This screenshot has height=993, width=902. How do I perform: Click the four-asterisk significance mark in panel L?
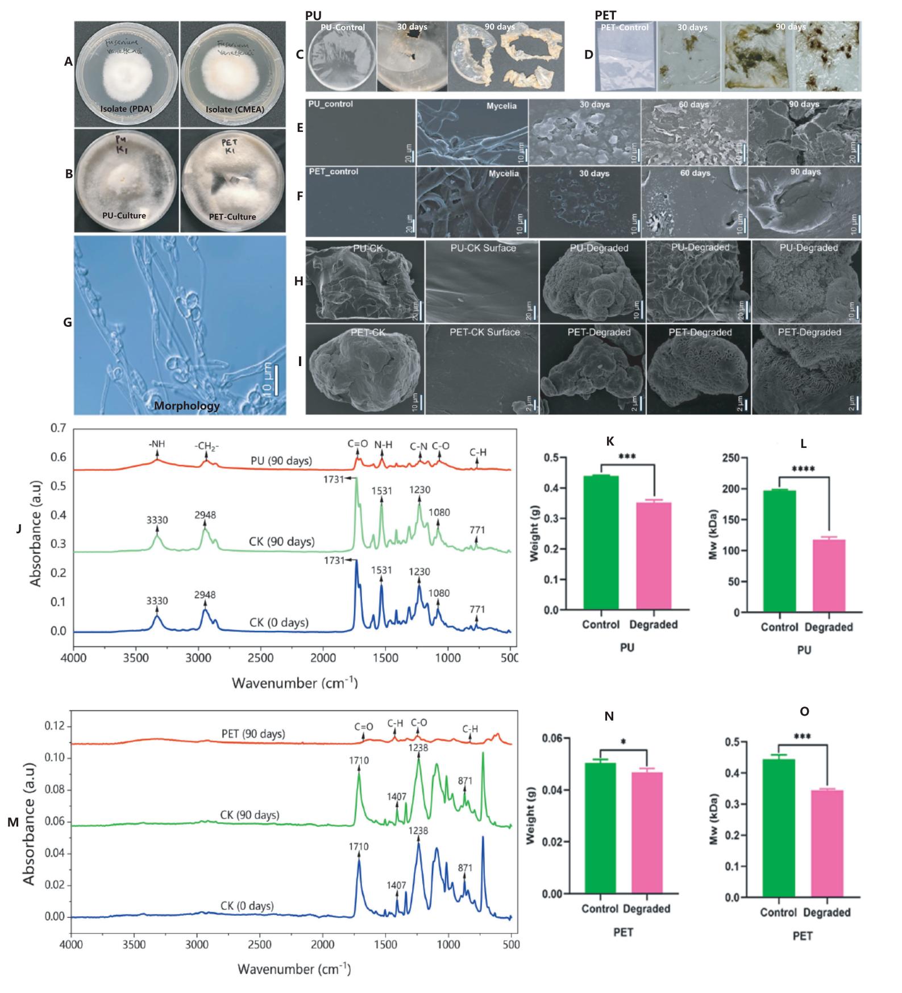tap(803, 470)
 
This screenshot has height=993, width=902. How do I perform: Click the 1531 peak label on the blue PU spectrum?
tap(381, 572)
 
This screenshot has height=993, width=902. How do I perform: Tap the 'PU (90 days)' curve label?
tap(281, 460)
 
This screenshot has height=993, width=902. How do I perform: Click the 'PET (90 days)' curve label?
tap(253, 734)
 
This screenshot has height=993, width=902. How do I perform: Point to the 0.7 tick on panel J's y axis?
tap(59, 428)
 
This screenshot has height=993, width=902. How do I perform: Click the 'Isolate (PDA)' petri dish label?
tap(126, 109)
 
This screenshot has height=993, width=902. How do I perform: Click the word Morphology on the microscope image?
tap(186, 406)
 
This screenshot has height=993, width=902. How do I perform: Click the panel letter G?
tap(67, 323)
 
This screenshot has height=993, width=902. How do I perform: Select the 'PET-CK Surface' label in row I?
tap(484, 332)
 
